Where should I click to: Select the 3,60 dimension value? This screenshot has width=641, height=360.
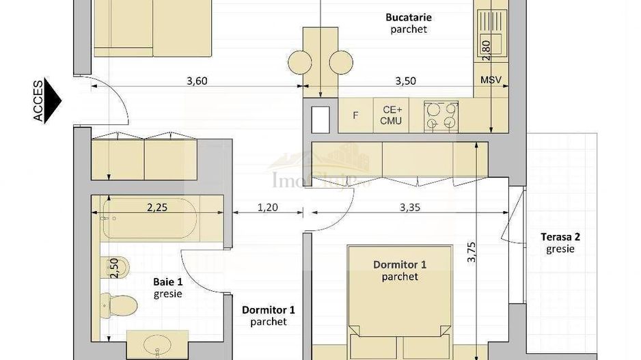[197, 81]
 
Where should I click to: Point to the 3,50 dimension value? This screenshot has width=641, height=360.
[405, 81]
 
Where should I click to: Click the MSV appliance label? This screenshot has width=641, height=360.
[491, 80]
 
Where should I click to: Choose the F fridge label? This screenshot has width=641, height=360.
[355, 115]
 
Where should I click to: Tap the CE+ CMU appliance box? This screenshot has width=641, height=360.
[391, 115]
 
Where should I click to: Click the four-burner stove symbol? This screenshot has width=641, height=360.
[441, 115]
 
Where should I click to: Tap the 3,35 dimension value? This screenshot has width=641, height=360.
[409, 207]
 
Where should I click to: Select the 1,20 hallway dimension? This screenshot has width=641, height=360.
[267, 207]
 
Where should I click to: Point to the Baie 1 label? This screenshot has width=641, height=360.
[167, 286]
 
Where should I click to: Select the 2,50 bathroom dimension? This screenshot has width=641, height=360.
[114, 267]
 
